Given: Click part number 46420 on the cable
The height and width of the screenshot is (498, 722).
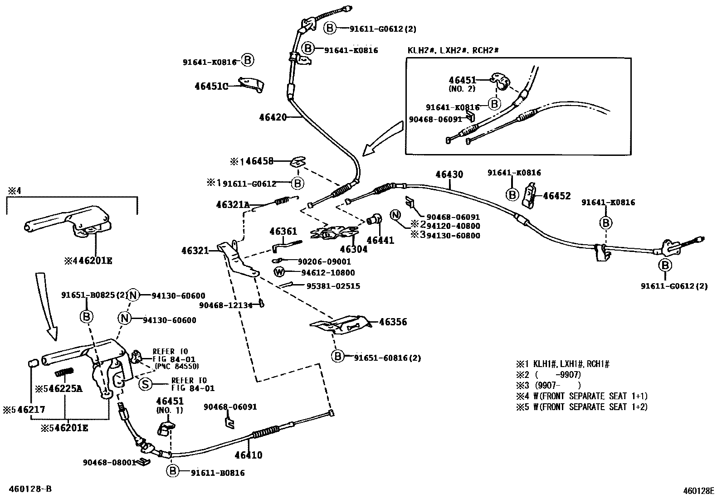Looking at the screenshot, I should [x=273, y=117].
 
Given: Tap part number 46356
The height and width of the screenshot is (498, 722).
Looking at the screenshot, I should [x=393, y=322].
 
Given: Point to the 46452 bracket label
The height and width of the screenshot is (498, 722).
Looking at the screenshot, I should [x=556, y=196].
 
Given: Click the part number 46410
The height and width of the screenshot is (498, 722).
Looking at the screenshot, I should [x=249, y=455].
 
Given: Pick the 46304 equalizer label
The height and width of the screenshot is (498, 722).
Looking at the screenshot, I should [x=353, y=249].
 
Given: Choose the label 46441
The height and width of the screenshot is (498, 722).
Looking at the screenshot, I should [x=380, y=240].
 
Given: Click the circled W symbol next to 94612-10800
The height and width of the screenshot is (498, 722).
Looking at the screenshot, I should [x=279, y=272].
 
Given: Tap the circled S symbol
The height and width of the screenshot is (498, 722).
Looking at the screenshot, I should [x=145, y=384].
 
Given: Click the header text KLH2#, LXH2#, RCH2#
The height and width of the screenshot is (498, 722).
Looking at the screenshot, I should [x=453, y=50].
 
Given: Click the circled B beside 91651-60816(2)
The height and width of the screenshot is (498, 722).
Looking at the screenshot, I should [x=338, y=357].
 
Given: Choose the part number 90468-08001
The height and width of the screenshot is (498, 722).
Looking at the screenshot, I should [x=109, y=462].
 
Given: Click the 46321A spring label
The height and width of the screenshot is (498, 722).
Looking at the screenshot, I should [x=233, y=205].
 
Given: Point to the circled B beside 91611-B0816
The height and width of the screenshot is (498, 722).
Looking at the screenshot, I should [x=172, y=471].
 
